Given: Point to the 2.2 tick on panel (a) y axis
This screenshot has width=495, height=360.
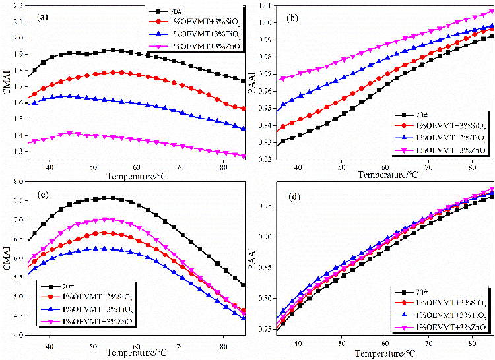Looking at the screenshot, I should (15, 6).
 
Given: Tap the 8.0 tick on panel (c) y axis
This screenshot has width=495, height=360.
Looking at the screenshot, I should (15, 181).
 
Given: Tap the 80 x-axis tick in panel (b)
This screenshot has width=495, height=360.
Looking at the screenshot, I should (472, 169).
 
